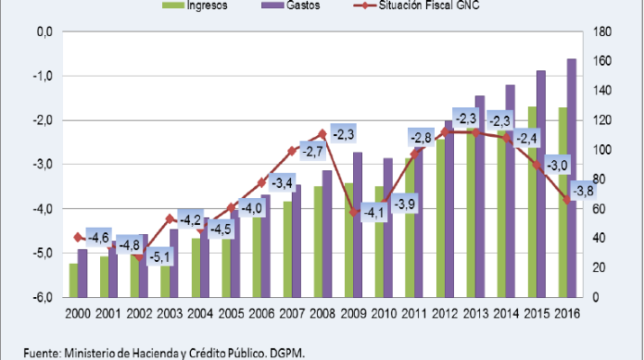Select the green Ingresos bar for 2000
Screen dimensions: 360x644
coord(73,280)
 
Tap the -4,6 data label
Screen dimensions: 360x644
coord(98,238)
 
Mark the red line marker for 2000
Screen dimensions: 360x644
coord(77,238)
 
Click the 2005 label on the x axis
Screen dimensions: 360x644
coord(231,313)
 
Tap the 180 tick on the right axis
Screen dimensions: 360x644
coord(603,31)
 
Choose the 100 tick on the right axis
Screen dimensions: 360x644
coord(603,149)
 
